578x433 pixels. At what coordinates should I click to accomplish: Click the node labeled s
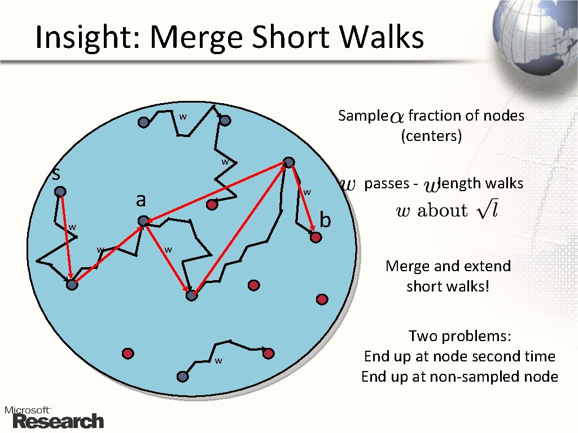60,192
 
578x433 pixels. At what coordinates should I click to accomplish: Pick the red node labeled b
316,238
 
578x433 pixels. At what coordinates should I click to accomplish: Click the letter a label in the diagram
141,200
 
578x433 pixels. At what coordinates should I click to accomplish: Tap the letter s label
56,174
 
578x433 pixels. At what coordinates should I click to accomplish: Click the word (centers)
431,136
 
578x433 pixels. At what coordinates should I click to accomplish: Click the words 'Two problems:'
459,337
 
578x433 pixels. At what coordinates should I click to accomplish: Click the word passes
387,183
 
